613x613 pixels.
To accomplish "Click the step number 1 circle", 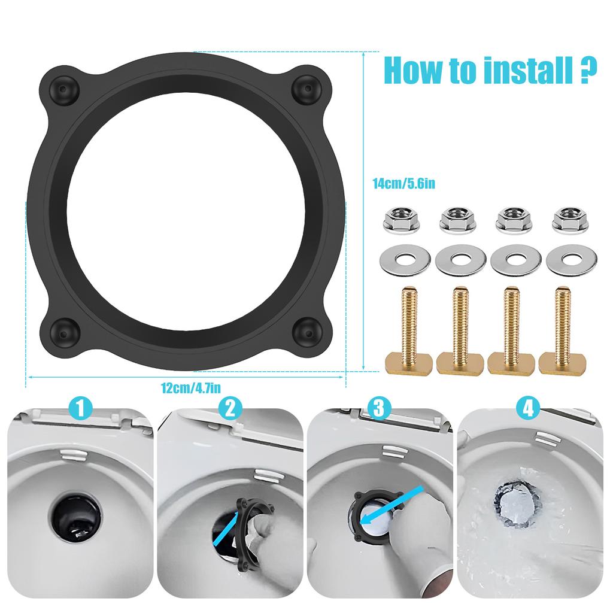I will (x=81, y=409).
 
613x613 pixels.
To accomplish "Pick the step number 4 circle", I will (x=527, y=409).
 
